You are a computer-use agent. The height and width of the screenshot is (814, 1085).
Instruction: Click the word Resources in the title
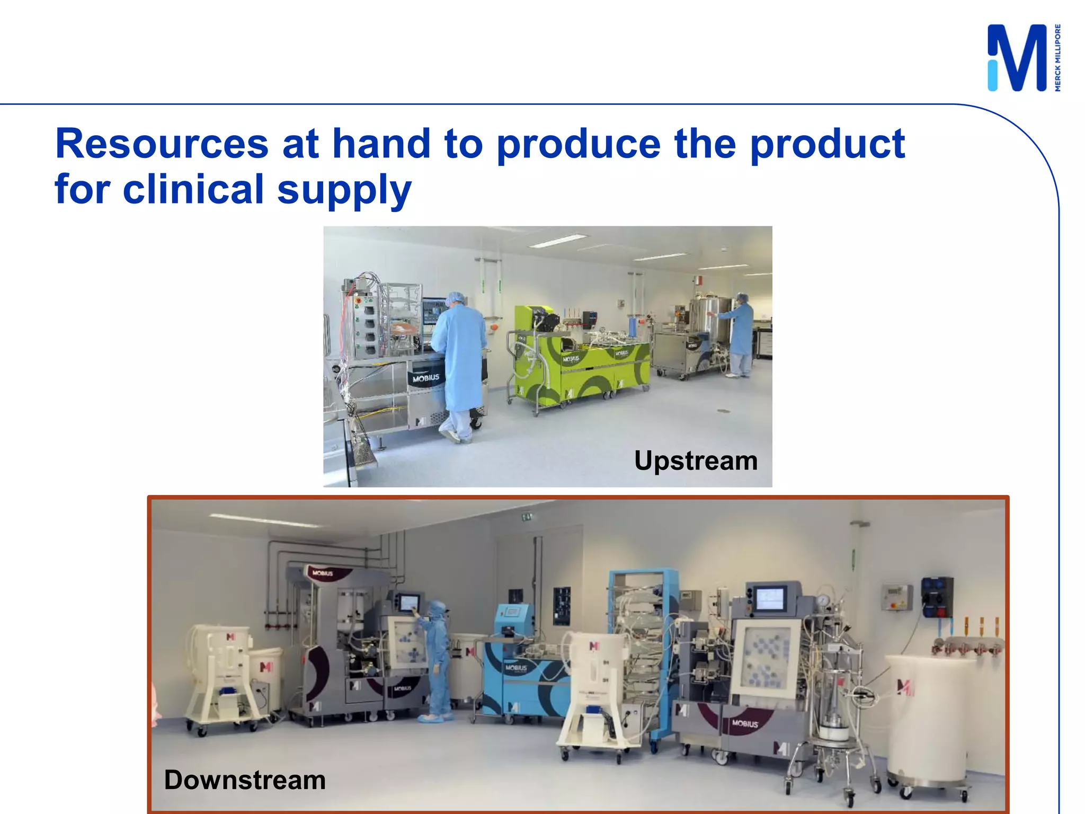point(162,144)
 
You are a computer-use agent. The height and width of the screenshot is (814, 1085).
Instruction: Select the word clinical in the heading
point(193,189)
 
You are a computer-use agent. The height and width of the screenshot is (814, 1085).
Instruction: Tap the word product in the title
point(827,144)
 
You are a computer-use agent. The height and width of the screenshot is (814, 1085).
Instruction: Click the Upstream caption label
point(695,461)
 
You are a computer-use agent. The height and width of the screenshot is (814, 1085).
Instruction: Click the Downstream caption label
point(245,780)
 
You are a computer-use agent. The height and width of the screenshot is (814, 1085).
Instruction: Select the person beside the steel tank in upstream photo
point(741,334)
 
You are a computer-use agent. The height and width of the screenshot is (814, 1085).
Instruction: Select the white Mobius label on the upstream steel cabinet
point(426,378)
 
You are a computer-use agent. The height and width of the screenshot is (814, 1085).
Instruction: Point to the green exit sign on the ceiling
point(527,516)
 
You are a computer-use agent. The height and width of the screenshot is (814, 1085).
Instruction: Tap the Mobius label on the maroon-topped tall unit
point(322,573)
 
